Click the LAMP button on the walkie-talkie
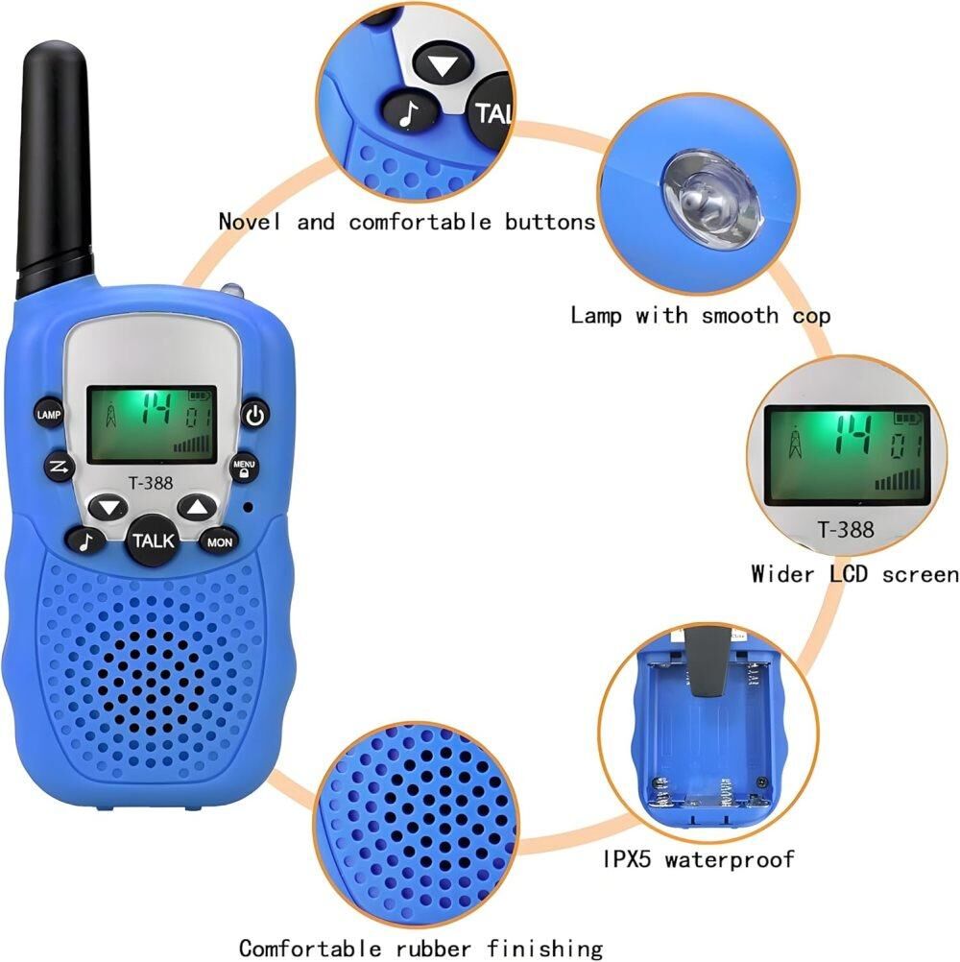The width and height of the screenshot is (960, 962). click(x=48, y=415)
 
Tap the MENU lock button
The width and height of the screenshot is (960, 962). click(x=244, y=469)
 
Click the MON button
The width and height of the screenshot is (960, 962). click(x=219, y=542)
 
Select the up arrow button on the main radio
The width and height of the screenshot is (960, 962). click(x=198, y=507)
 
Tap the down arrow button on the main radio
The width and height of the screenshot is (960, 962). click(x=108, y=507)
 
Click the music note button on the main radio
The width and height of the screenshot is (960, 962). click(x=86, y=541)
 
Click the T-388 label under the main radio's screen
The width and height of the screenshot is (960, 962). click(x=151, y=484)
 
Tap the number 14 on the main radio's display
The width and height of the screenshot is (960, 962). click(x=156, y=408)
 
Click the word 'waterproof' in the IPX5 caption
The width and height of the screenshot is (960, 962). click(x=730, y=859)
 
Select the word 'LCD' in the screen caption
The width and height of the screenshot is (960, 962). click(x=849, y=574)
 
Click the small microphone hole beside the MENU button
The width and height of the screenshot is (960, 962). click(x=249, y=507)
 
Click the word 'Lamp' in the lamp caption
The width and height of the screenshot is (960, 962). click(x=595, y=315)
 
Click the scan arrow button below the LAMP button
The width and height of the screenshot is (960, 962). click(x=60, y=469)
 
